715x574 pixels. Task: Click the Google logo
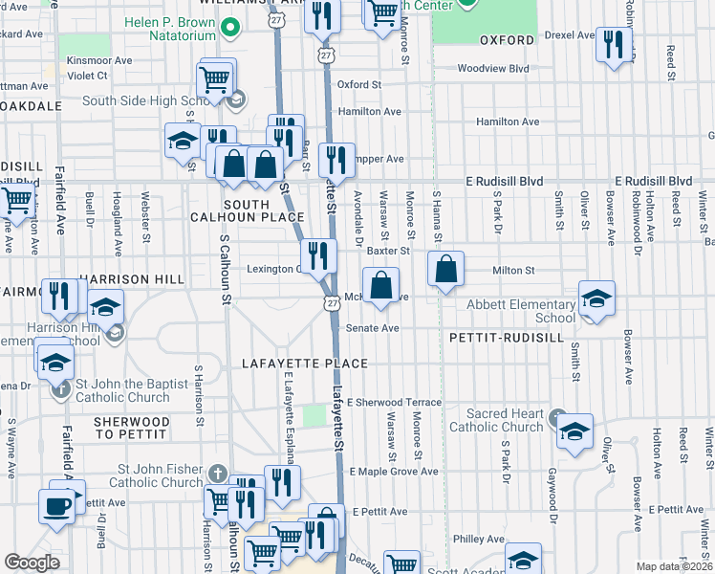[32, 563]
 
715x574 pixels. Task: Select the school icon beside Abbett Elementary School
[596, 300]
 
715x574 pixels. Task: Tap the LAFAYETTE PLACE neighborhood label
[305, 364]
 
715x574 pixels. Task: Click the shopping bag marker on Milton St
[446, 271]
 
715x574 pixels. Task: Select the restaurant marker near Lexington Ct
[318, 256]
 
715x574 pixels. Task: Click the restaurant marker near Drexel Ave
[613, 45]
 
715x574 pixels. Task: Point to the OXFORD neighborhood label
[506, 41]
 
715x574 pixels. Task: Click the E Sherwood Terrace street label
[395, 403]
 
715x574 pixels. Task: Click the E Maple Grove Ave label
[393, 472]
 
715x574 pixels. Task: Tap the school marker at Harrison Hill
[106, 308]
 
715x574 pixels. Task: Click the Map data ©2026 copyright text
[675, 566]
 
